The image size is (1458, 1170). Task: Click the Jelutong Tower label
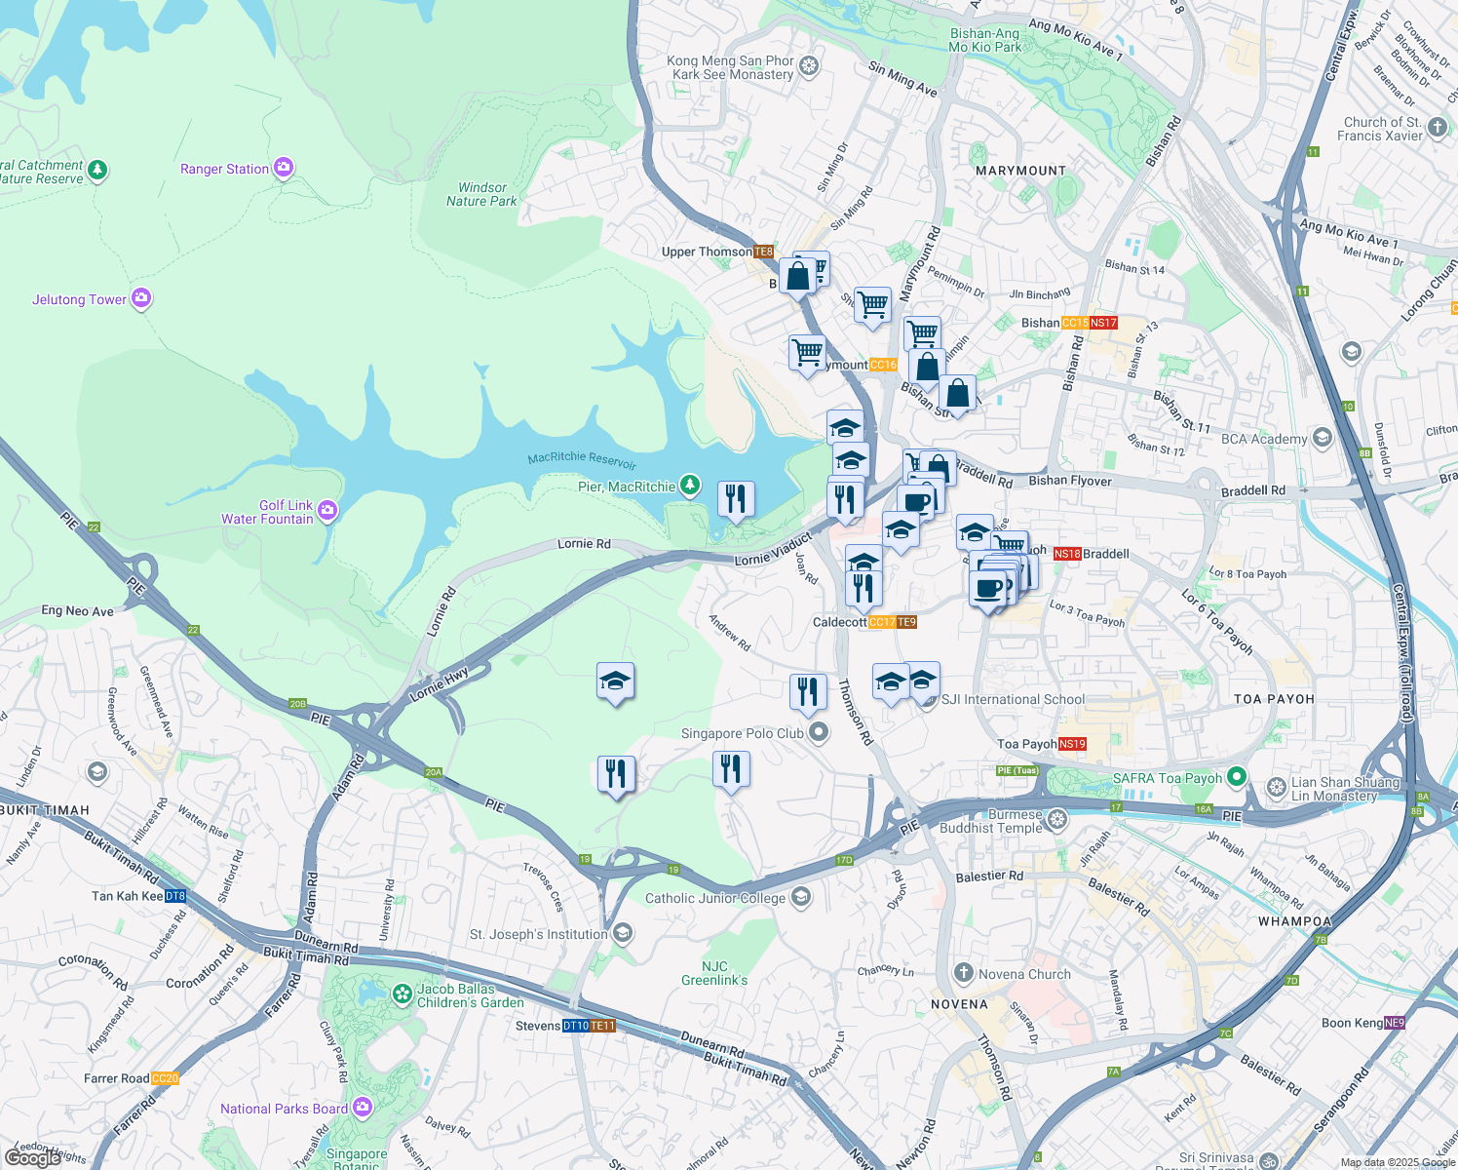tap(79, 299)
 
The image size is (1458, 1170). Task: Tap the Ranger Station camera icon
tap(284, 169)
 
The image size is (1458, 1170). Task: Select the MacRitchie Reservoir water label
tap(582, 459)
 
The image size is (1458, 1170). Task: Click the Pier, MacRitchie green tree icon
tap(690, 485)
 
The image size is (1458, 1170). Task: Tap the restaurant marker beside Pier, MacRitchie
tap(736, 499)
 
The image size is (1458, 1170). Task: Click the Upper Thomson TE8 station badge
tap(763, 252)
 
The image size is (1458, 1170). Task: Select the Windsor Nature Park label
tap(481, 194)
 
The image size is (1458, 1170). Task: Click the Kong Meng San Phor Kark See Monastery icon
tap(808, 67)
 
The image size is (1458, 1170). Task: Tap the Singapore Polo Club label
tap(743, 733)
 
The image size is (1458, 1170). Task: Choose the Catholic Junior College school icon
tap(800, 897)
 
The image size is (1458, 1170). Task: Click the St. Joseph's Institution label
tap(538, 934)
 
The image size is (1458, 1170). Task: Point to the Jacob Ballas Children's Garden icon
tap(402, 994)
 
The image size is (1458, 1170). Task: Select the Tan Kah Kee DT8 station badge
tap(175, 896)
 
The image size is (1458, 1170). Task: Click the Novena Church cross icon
tap(963, 973)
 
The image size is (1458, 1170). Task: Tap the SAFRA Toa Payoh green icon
tap(1237, 777)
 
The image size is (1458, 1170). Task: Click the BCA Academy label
tap(1264, 439)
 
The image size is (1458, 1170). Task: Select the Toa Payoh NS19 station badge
tap(1072, 744)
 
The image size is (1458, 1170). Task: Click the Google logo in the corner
tap(32, 1157)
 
